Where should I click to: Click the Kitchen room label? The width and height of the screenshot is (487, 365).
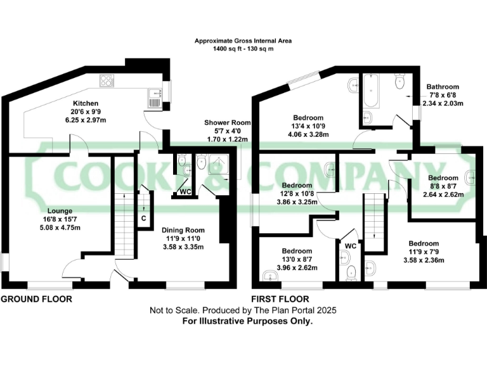click(84, 103)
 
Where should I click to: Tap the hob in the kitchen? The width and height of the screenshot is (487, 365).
click(107, 81)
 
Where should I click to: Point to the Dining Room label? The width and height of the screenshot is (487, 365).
click(183, 230)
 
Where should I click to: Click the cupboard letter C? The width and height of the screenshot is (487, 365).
click(144, 217)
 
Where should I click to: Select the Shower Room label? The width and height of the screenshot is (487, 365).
click(227, 122)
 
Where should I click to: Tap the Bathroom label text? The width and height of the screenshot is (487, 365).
click(443, 87)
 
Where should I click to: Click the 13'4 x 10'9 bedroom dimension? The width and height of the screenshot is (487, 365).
click(308, 125)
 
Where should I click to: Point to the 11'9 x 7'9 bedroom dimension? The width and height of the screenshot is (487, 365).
click(423, 252)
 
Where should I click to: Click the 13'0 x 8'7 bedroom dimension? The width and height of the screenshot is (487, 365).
click(297, 259)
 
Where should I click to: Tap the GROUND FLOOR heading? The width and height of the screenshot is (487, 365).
click(36, 298)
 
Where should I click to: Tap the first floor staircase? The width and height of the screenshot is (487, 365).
click(373, 215)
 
